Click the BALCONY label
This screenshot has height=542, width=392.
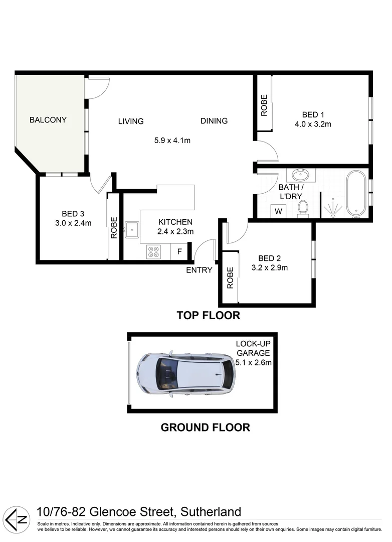coord(48,120)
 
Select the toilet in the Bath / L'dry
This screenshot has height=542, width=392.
coord(303,208)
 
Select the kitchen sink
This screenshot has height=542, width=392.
coord(133,230)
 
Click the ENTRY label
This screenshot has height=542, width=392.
coord(200,270)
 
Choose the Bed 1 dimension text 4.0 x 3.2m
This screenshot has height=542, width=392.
coord(313,124)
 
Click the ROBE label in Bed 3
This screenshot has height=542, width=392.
coord(114,227)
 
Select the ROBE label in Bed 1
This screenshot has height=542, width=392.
coord(264,105)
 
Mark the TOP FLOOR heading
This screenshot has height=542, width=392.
coord(208,316)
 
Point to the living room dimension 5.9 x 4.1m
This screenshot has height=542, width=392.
coord(172,141)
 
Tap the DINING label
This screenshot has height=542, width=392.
coord(214,121)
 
